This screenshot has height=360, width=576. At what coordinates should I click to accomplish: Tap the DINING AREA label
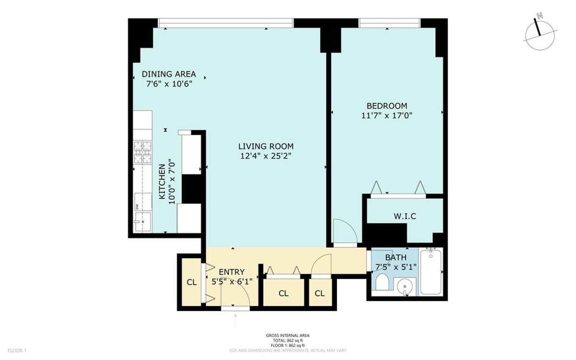click(168, 74)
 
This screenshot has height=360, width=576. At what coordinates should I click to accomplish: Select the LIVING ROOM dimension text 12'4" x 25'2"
click(266, 156)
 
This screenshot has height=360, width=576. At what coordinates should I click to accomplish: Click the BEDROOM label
click(387, 106)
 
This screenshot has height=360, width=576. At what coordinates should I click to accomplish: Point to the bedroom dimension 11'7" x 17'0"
click(387, 115)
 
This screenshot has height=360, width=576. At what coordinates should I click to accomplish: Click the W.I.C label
click(405, 216)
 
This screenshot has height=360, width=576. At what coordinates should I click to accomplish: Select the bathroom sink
click(406, 286)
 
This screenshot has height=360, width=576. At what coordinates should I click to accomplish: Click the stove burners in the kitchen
click(142, 152)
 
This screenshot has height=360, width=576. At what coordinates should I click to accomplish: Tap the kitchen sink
click(143, 222)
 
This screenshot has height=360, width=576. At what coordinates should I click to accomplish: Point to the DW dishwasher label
click(137, 207)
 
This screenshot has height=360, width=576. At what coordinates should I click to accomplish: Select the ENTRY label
click(232, 272)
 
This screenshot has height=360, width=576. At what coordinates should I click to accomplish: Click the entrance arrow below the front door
click(235, 318)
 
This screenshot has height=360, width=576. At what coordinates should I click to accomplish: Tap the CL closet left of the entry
click(192, 282)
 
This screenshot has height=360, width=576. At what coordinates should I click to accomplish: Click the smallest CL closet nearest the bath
click(319, 293)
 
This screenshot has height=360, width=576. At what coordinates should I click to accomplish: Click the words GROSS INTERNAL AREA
click(288, 336)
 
